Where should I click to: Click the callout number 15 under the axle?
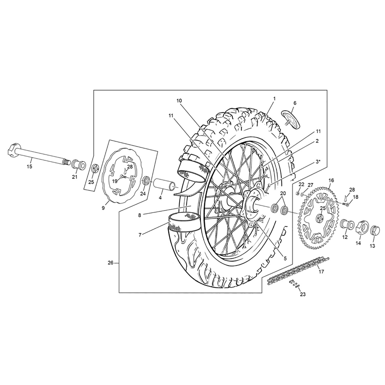pos(30,167)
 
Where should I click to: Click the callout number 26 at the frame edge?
pos(110,263)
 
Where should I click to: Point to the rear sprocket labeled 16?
pos(318,217)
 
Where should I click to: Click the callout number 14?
pos(358,243)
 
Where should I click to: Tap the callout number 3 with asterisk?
pos(318,162)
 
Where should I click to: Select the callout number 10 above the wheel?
pos(179,101)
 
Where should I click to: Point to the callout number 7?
pos(140,235)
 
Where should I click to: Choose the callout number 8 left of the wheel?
pos(140,216)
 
